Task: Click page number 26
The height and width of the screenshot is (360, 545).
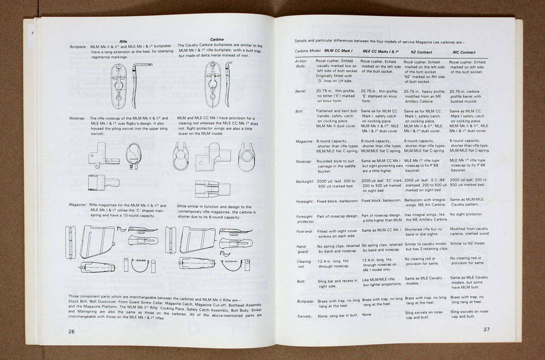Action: click(x=71, y=331)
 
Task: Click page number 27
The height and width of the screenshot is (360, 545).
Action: click(x=486, y=329)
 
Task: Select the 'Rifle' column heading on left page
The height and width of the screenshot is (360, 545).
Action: click(x=124, y=41)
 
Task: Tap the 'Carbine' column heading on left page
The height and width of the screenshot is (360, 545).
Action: click(x=217, y=40)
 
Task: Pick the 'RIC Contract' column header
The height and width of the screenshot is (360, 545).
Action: click(x=463, y=52)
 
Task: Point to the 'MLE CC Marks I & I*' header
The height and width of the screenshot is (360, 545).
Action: click(x=381, y=52)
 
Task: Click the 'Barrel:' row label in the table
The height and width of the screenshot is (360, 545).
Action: click(x=301, y=91)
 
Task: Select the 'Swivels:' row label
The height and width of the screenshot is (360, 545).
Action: click(x=304, y=316)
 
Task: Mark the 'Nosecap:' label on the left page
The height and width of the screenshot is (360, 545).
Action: click(x=78, y=118)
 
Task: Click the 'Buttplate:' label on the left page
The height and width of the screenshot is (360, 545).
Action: click(x=78, y=46)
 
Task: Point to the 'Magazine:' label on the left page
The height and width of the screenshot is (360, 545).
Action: click(x=78, y=205)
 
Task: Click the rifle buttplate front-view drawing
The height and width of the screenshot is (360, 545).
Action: click(x=119, y=86)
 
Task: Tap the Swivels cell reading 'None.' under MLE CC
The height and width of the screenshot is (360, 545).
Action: click(x=367, y=314)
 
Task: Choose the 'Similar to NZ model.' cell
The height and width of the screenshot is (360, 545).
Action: click(x=467, y=243)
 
